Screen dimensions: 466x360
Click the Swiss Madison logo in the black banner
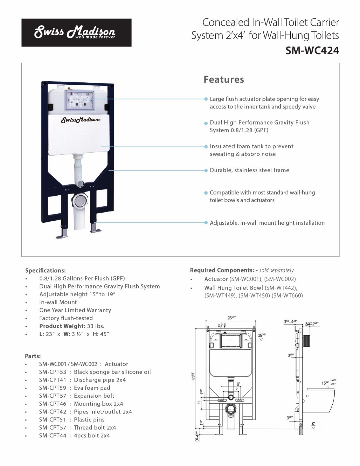click(x=75, y=32)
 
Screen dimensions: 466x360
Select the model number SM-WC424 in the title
click(x=312, y=51)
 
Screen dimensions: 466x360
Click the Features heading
click(x=224, y=80)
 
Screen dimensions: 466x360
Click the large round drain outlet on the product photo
click(x=80, y=202)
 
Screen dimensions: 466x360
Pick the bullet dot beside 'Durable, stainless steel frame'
click(x=206, y=170)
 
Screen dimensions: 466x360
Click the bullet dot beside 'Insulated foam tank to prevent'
click(x=206, y=147)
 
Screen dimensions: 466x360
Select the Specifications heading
click(x=45, y=270)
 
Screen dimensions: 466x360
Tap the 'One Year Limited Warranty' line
click(x=75, y=310)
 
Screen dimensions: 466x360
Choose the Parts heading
click(x=33, y=356)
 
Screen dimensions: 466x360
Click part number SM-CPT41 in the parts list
click(x=53, y=380)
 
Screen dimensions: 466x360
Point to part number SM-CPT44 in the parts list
click(x=53, y=436)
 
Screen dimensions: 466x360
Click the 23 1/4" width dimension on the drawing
click(x=232, y=318)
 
